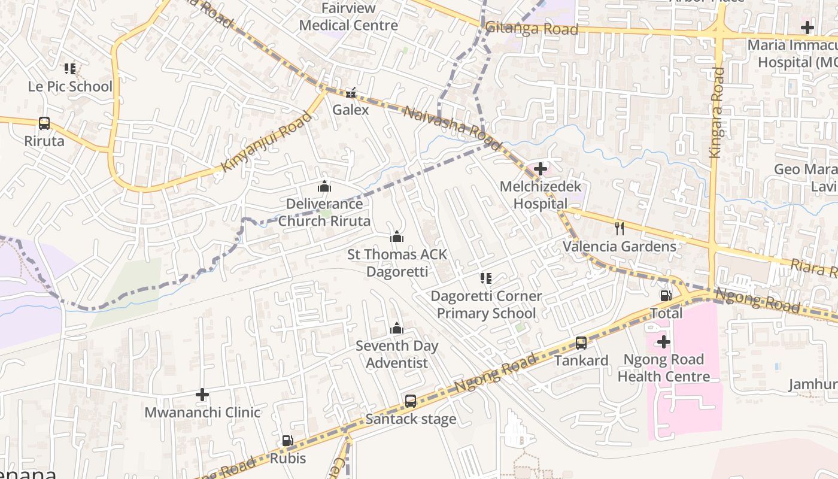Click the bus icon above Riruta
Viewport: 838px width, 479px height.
coord(44,123)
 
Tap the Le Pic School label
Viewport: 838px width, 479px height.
coord(70,86)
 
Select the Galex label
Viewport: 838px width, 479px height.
coord(351,110)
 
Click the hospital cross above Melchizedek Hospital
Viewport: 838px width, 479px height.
coord(540,169)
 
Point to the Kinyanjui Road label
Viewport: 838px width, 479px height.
coord(266,141)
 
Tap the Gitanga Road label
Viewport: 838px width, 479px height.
coord(532,29)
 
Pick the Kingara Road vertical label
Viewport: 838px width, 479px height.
coord(716,113)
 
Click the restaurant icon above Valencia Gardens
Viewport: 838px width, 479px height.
coord(620,228)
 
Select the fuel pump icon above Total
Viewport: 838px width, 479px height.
coord(666,295)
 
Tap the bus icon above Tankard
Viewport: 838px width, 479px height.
coord(581,343)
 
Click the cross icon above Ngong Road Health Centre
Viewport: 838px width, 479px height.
coord(663,342)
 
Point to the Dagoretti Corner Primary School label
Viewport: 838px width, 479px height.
coord(486,304)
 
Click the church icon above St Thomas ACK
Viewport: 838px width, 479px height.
coord(397,237)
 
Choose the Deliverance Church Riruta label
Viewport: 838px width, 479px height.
coord(324,213)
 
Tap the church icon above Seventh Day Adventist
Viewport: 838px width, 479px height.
coord(397,328)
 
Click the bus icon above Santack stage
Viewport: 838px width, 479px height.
coord(411,401)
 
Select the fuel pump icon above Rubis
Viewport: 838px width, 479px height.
coord(287,441)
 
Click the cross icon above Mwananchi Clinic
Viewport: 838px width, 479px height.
coord(202,395)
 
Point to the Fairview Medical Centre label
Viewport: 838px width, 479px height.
coord(348,17)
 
